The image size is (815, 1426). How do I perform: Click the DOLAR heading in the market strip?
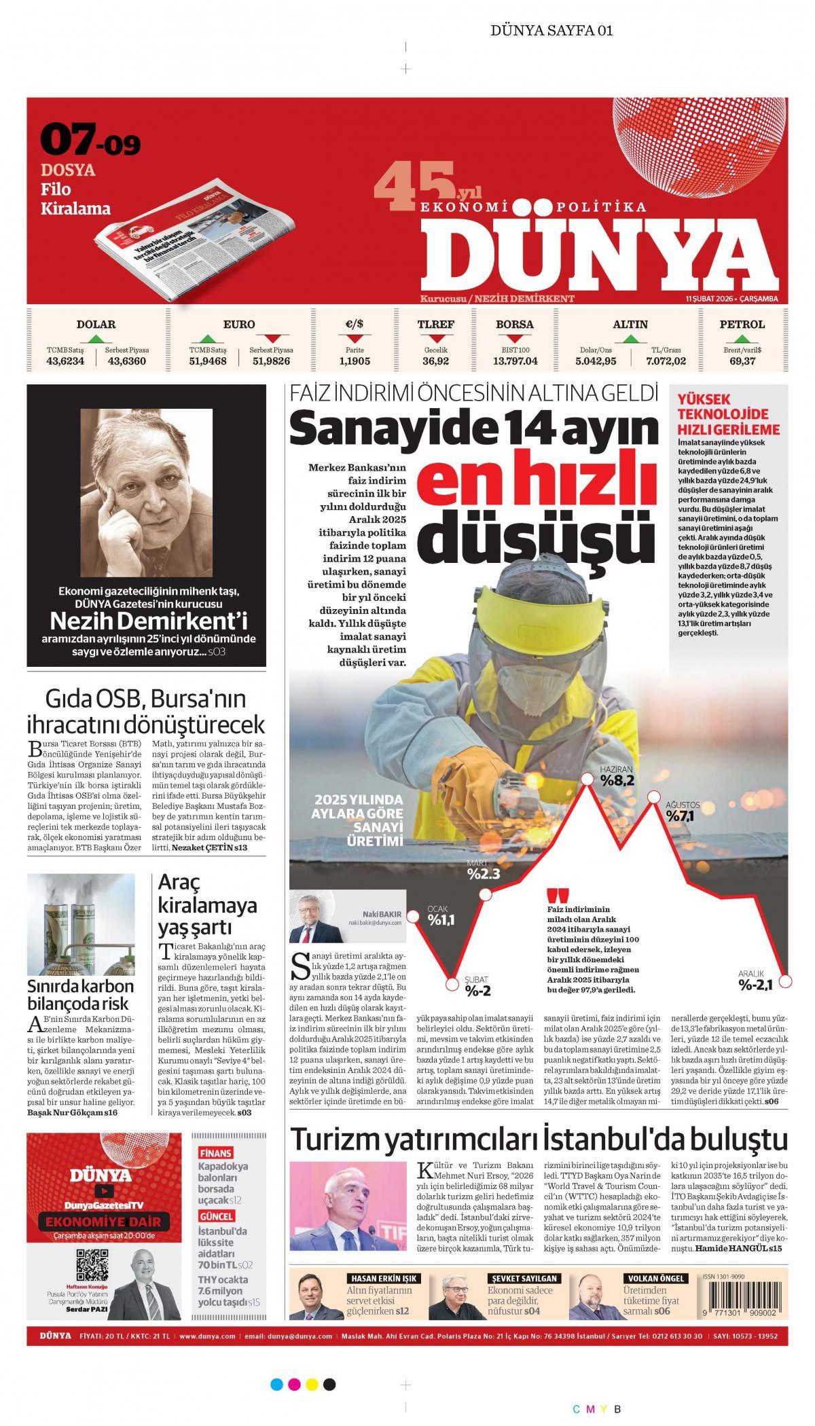click(x=96, y=325)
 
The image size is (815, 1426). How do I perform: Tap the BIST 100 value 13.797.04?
click(x=515, y=361)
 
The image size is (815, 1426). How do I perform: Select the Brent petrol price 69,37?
click(x=742, y=361)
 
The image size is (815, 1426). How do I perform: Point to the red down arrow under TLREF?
click(x=435, y=337)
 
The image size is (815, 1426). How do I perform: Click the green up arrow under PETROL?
click(x=742, y=337)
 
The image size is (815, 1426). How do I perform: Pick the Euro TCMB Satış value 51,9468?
click(x=208, y=361)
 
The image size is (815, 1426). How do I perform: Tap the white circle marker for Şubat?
click(x=452, y=983)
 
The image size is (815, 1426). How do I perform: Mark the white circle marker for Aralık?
click(x=786, y=981)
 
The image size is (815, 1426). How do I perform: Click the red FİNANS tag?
click(x=215, y=1153)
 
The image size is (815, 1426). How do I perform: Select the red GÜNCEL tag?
click(x=217, y=1216)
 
